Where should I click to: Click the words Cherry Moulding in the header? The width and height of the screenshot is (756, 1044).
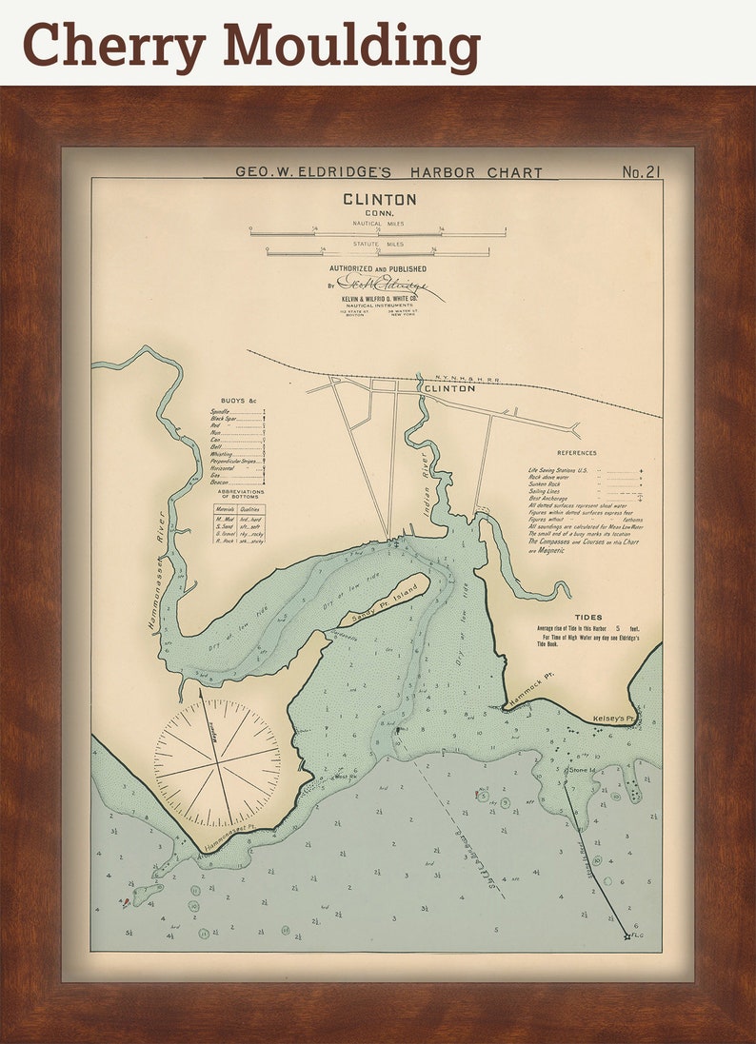[251, 44]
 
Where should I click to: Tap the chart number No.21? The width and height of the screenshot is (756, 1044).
[641, 172]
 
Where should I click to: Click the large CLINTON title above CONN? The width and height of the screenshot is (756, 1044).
[379, 200]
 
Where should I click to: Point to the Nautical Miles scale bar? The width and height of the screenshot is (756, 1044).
[378, 232]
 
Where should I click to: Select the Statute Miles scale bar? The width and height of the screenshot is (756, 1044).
[378, 252]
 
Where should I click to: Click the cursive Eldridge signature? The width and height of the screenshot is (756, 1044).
[386, 285]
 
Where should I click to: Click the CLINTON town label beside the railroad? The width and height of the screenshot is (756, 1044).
[448, 389]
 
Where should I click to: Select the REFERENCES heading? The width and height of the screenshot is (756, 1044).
[576, 453]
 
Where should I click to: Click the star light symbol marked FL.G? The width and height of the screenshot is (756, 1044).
[627, 937]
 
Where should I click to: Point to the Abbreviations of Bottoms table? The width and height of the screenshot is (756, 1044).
[238, 522]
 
